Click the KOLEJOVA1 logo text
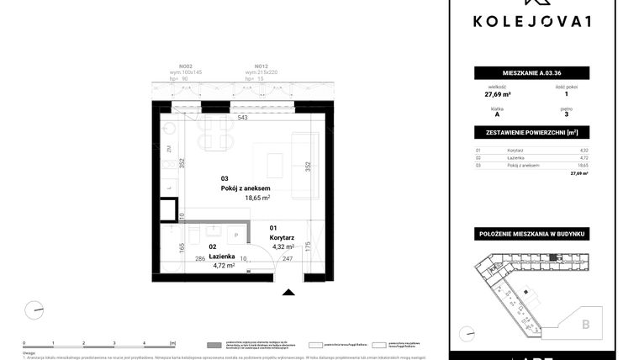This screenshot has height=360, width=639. click(531, 21)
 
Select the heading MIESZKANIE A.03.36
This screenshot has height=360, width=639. click(531, 73)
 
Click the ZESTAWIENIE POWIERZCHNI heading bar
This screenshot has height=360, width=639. click(531, 133)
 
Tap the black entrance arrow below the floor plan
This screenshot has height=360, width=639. click(289, 292)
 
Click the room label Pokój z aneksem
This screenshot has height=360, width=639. click(246, 188)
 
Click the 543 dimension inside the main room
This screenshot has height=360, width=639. click(242, 119)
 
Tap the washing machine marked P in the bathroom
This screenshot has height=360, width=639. click(235, 235)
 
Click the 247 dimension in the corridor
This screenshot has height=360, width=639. click(288, 259)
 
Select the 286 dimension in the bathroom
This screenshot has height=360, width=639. click(200, 259)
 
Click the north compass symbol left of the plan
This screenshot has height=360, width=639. click(34, 310)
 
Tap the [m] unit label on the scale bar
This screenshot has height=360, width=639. click(172, 343)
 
